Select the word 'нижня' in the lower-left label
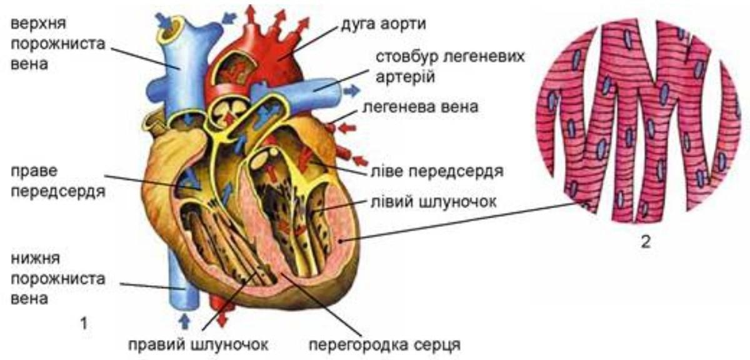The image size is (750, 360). coord(32,257)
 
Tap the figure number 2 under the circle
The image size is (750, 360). coord(645,243)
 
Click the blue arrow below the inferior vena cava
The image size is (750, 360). coord(184,321)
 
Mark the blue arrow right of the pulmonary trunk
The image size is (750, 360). coord(352,90)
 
